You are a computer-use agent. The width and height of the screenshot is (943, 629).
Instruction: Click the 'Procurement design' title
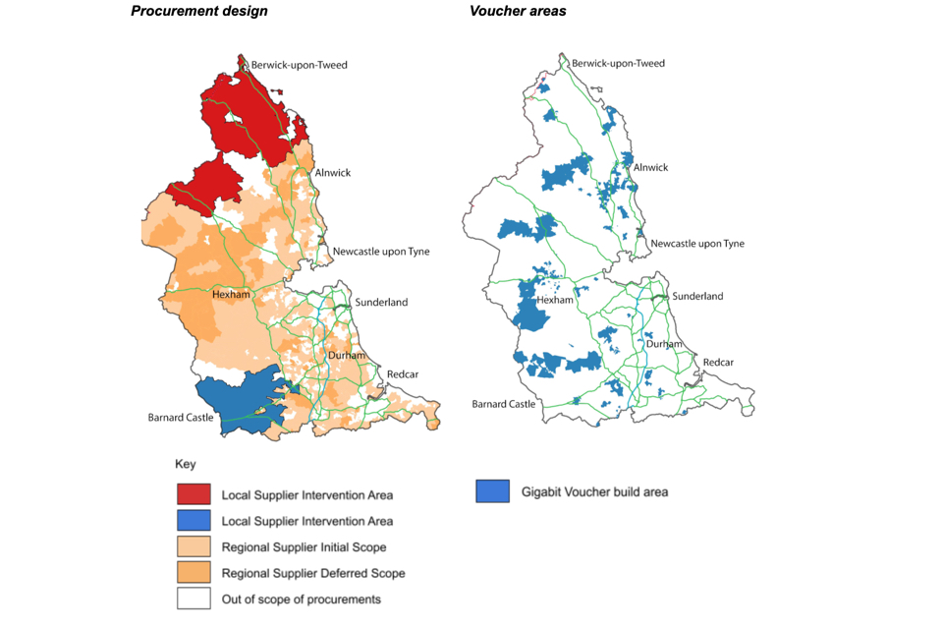[x=199, y=11]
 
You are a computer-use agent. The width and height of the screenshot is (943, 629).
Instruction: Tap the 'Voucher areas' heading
[x=518, y=11]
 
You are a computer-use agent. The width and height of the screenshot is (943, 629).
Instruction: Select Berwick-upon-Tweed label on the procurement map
[x=299, y=65]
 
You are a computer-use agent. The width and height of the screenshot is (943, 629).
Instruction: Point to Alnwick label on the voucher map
[x=650, y=167]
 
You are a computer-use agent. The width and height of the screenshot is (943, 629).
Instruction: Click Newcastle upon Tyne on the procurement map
[x=380, y=252]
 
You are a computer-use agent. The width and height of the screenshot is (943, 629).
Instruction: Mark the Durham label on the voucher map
[x=663, y=344]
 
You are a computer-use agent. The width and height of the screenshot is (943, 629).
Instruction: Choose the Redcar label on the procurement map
[x=403, y=374]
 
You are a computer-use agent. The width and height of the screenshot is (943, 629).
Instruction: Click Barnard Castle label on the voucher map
[x=505, y=404]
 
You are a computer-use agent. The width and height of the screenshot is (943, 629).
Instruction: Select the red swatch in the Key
[x=194, y=494]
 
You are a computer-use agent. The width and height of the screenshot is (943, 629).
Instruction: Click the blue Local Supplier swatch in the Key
[x=194, y=521]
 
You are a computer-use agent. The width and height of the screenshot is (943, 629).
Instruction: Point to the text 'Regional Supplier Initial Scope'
[x=304, y=547]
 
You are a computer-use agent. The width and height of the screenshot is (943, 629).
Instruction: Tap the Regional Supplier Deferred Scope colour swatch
[x=194, y=573]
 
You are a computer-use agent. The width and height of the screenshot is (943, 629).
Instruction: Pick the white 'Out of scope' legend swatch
[x=194, y=599]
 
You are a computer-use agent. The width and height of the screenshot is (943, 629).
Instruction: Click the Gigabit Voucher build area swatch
[x=492, y=490]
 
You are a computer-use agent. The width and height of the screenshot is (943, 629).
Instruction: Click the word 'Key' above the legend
[x=186, y=463]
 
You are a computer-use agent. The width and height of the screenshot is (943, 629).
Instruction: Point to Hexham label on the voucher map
[x=554, y=300]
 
